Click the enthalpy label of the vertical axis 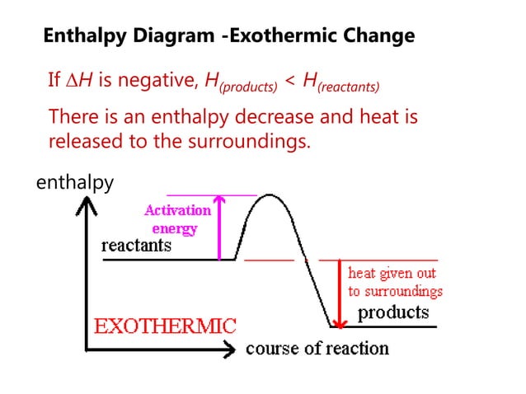point(75,182)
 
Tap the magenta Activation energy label point(177,218)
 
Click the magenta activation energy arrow point(219,227)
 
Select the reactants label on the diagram point(136,246)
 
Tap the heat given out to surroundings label point(395,281)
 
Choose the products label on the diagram point(393,313)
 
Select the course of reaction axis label point(317,348)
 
